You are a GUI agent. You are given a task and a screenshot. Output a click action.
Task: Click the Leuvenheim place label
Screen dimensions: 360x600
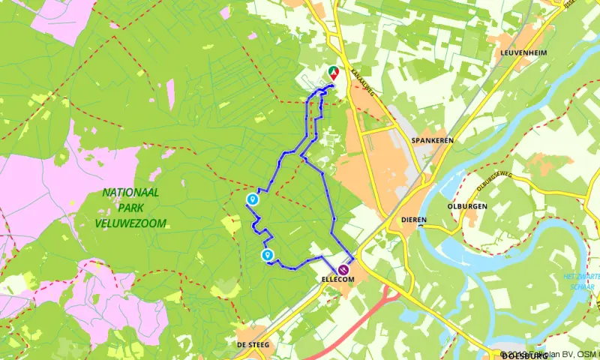521,52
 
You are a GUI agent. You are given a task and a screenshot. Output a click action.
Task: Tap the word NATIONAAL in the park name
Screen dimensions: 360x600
131,193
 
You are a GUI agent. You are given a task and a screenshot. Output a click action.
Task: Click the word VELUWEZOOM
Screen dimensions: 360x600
130,223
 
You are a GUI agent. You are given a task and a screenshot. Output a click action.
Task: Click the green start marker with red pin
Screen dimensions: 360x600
333,73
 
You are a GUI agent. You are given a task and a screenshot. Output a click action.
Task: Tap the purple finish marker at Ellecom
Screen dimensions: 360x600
343,269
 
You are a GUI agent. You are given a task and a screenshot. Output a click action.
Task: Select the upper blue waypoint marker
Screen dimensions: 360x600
253,199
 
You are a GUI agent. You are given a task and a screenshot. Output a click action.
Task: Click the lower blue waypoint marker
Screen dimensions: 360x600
267,256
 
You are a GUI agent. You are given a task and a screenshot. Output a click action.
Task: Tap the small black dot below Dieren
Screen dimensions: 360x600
422,224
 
